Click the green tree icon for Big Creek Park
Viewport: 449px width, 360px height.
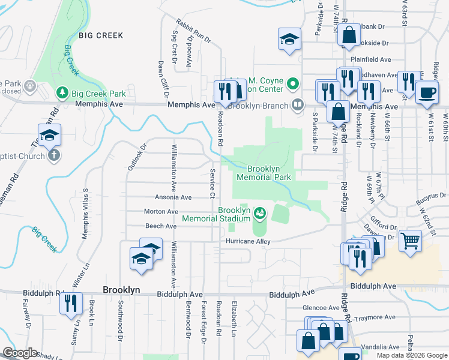pos(61,93)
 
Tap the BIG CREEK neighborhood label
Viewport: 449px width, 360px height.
pos(100,35)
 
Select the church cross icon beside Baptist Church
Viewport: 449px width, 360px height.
pos(53,156)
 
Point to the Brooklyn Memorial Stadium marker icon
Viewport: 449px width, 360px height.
pos(259,213)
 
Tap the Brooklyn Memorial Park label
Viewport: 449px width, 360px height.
pos(264,173)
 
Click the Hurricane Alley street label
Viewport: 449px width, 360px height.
pos(248,241)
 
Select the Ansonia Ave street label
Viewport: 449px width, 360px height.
pos(173,197)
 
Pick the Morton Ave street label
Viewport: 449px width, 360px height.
pos(161,211)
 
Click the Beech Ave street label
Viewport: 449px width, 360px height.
pos(160,226)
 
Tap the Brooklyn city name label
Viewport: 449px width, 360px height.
pos(121,289)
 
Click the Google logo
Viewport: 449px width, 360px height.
pos(19,353)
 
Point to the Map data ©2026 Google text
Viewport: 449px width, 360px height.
pos(411,355)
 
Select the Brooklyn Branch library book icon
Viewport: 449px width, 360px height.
pos(297,106)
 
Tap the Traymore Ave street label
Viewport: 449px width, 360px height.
pos(375,317)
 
